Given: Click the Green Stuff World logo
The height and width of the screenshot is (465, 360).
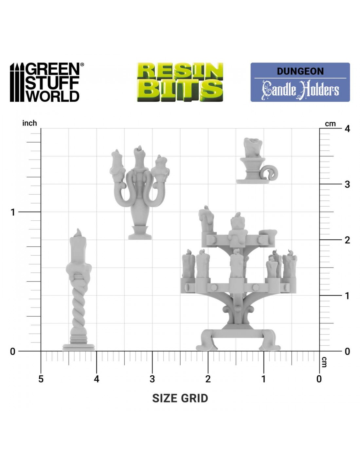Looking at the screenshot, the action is coord(47,82).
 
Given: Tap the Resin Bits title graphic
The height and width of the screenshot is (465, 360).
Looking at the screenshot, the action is coord(180,82).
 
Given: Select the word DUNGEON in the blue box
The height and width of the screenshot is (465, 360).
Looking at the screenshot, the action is coord(300,71).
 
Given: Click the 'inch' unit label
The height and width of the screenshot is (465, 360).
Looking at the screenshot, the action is coord(29,123).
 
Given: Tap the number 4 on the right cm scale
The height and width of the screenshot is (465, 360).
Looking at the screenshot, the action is coord(347,129).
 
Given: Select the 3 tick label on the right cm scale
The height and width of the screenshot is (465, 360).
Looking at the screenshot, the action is coord(347,184).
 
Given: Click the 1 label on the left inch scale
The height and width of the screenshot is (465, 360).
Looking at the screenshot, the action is coord(13,213).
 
